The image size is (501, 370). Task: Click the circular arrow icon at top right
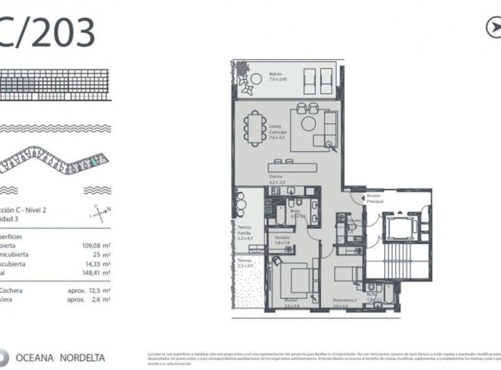493,27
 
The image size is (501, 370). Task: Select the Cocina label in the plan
276,179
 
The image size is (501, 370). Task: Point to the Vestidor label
281,241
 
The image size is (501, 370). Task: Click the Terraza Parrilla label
244,233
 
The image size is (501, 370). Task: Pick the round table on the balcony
246,83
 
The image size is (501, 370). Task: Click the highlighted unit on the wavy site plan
95,161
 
